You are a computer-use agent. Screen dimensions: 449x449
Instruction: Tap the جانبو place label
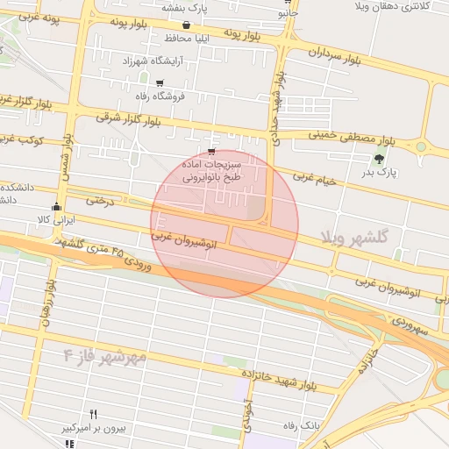tap(288, 14)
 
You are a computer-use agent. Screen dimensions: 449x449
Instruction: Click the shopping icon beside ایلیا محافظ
tap(186, 25)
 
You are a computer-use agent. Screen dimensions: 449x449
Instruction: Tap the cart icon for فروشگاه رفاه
tap(159, 82)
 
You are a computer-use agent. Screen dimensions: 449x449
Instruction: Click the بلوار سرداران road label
tap(336, 58)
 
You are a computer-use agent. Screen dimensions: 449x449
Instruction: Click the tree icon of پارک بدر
tap(379, 159)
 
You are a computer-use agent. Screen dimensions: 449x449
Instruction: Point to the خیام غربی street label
tap(314, 179)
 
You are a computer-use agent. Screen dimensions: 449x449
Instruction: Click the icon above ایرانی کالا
tap(57, 208)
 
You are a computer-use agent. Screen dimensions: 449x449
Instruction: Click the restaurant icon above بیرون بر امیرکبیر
tap(94, 415)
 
